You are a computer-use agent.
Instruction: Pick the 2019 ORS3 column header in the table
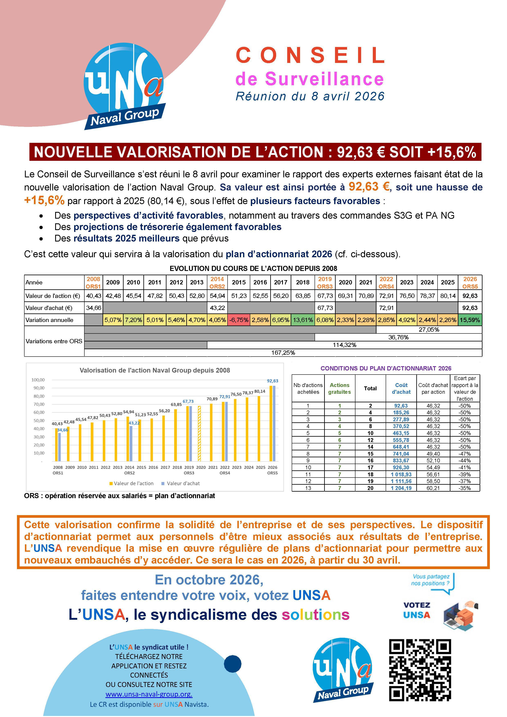coord(325,282)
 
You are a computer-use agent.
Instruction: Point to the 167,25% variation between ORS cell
coord(283,352)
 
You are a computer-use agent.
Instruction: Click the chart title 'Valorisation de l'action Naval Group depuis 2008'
coord(155,370)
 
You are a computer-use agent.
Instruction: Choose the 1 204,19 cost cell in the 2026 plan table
coord(401,488)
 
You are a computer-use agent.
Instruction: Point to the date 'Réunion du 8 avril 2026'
coord(310,96)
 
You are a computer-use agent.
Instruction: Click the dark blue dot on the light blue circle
coord(233,664)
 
